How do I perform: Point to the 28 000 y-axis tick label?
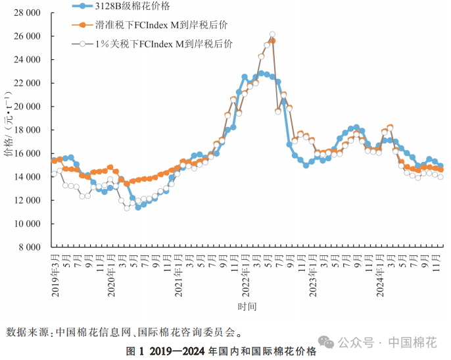tap(27, 13)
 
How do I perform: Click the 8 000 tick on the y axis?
tap(29, 247)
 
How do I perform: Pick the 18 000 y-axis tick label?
tap(27, 130)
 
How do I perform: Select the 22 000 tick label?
tap(27, 83)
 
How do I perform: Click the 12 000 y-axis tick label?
tap(27, 200)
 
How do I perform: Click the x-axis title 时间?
tap(248, 307)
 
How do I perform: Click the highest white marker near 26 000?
tap(272, 34)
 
